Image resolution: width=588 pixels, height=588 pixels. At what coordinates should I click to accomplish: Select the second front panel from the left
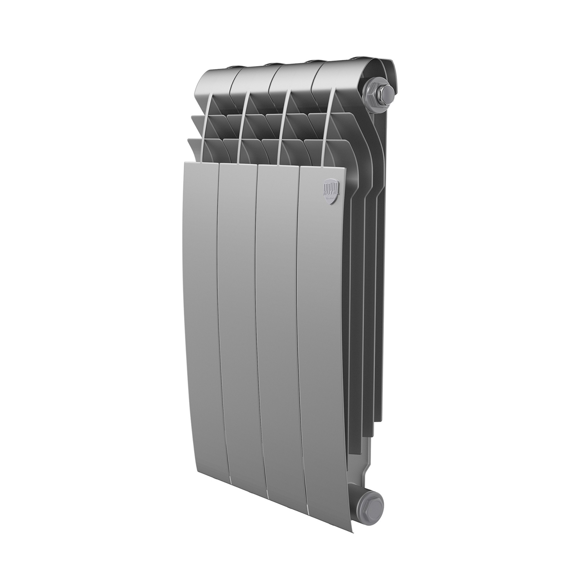pos(240,289)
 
